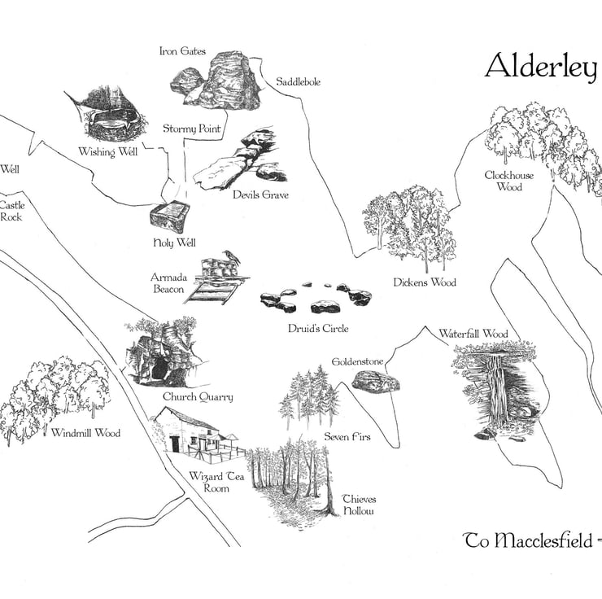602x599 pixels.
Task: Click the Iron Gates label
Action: tap(183, 52)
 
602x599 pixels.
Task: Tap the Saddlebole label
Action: tap(298, 82)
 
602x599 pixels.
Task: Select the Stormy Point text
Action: tap(192, 129)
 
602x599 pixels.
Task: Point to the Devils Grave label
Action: tap(260, 195)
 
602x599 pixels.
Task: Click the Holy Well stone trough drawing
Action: tap(170, 217)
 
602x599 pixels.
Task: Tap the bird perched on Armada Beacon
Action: tap(233, 256)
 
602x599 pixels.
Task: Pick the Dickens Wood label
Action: tap(425, 282)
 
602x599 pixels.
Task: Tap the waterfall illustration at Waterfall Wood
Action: tap(493, 389)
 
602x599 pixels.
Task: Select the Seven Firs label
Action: tap(347, 437)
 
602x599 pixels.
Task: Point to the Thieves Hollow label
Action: tap(359, 505)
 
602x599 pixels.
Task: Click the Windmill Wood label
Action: tap(85, 434)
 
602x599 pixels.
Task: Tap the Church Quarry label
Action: tap(198, 397)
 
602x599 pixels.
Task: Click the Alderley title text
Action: tap(540, 68)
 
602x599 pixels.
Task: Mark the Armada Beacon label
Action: tap(168, 283)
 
